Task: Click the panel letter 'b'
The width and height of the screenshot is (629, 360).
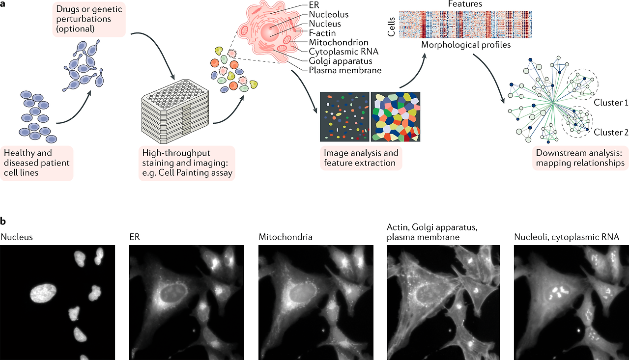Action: tap(4, 222)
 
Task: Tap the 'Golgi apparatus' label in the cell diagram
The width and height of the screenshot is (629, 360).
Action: tap(340, 61)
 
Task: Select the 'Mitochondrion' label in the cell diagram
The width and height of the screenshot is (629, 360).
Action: tap(339, 43)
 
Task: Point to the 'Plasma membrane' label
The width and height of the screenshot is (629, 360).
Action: tap(345, 71)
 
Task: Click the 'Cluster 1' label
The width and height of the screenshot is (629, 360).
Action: tap(611, 103)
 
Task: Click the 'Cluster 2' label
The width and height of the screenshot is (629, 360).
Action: tap(611, 132)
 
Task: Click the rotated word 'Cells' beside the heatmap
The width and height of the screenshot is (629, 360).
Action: tap(392, 25)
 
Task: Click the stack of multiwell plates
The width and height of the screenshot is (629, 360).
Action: tap(175, 112)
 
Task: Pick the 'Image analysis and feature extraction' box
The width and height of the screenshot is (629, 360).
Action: tap(361, 158)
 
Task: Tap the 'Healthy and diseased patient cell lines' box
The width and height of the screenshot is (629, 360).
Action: tap(37, 163)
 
